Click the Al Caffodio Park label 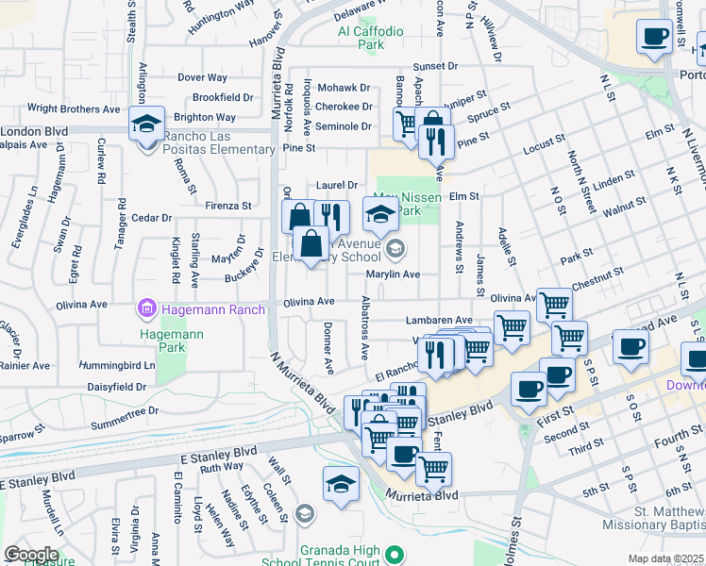coord(371,38)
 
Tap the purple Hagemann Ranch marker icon coord(146,308)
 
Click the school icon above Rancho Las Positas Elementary coord(147,125)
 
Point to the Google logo coord(31,554)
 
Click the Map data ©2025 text coord(666,558)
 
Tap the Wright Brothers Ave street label coord(74,109)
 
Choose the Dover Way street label coord(203,77)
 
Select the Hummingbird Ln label coord(116,364)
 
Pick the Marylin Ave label coord(394,275)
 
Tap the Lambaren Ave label coord(439,321)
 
